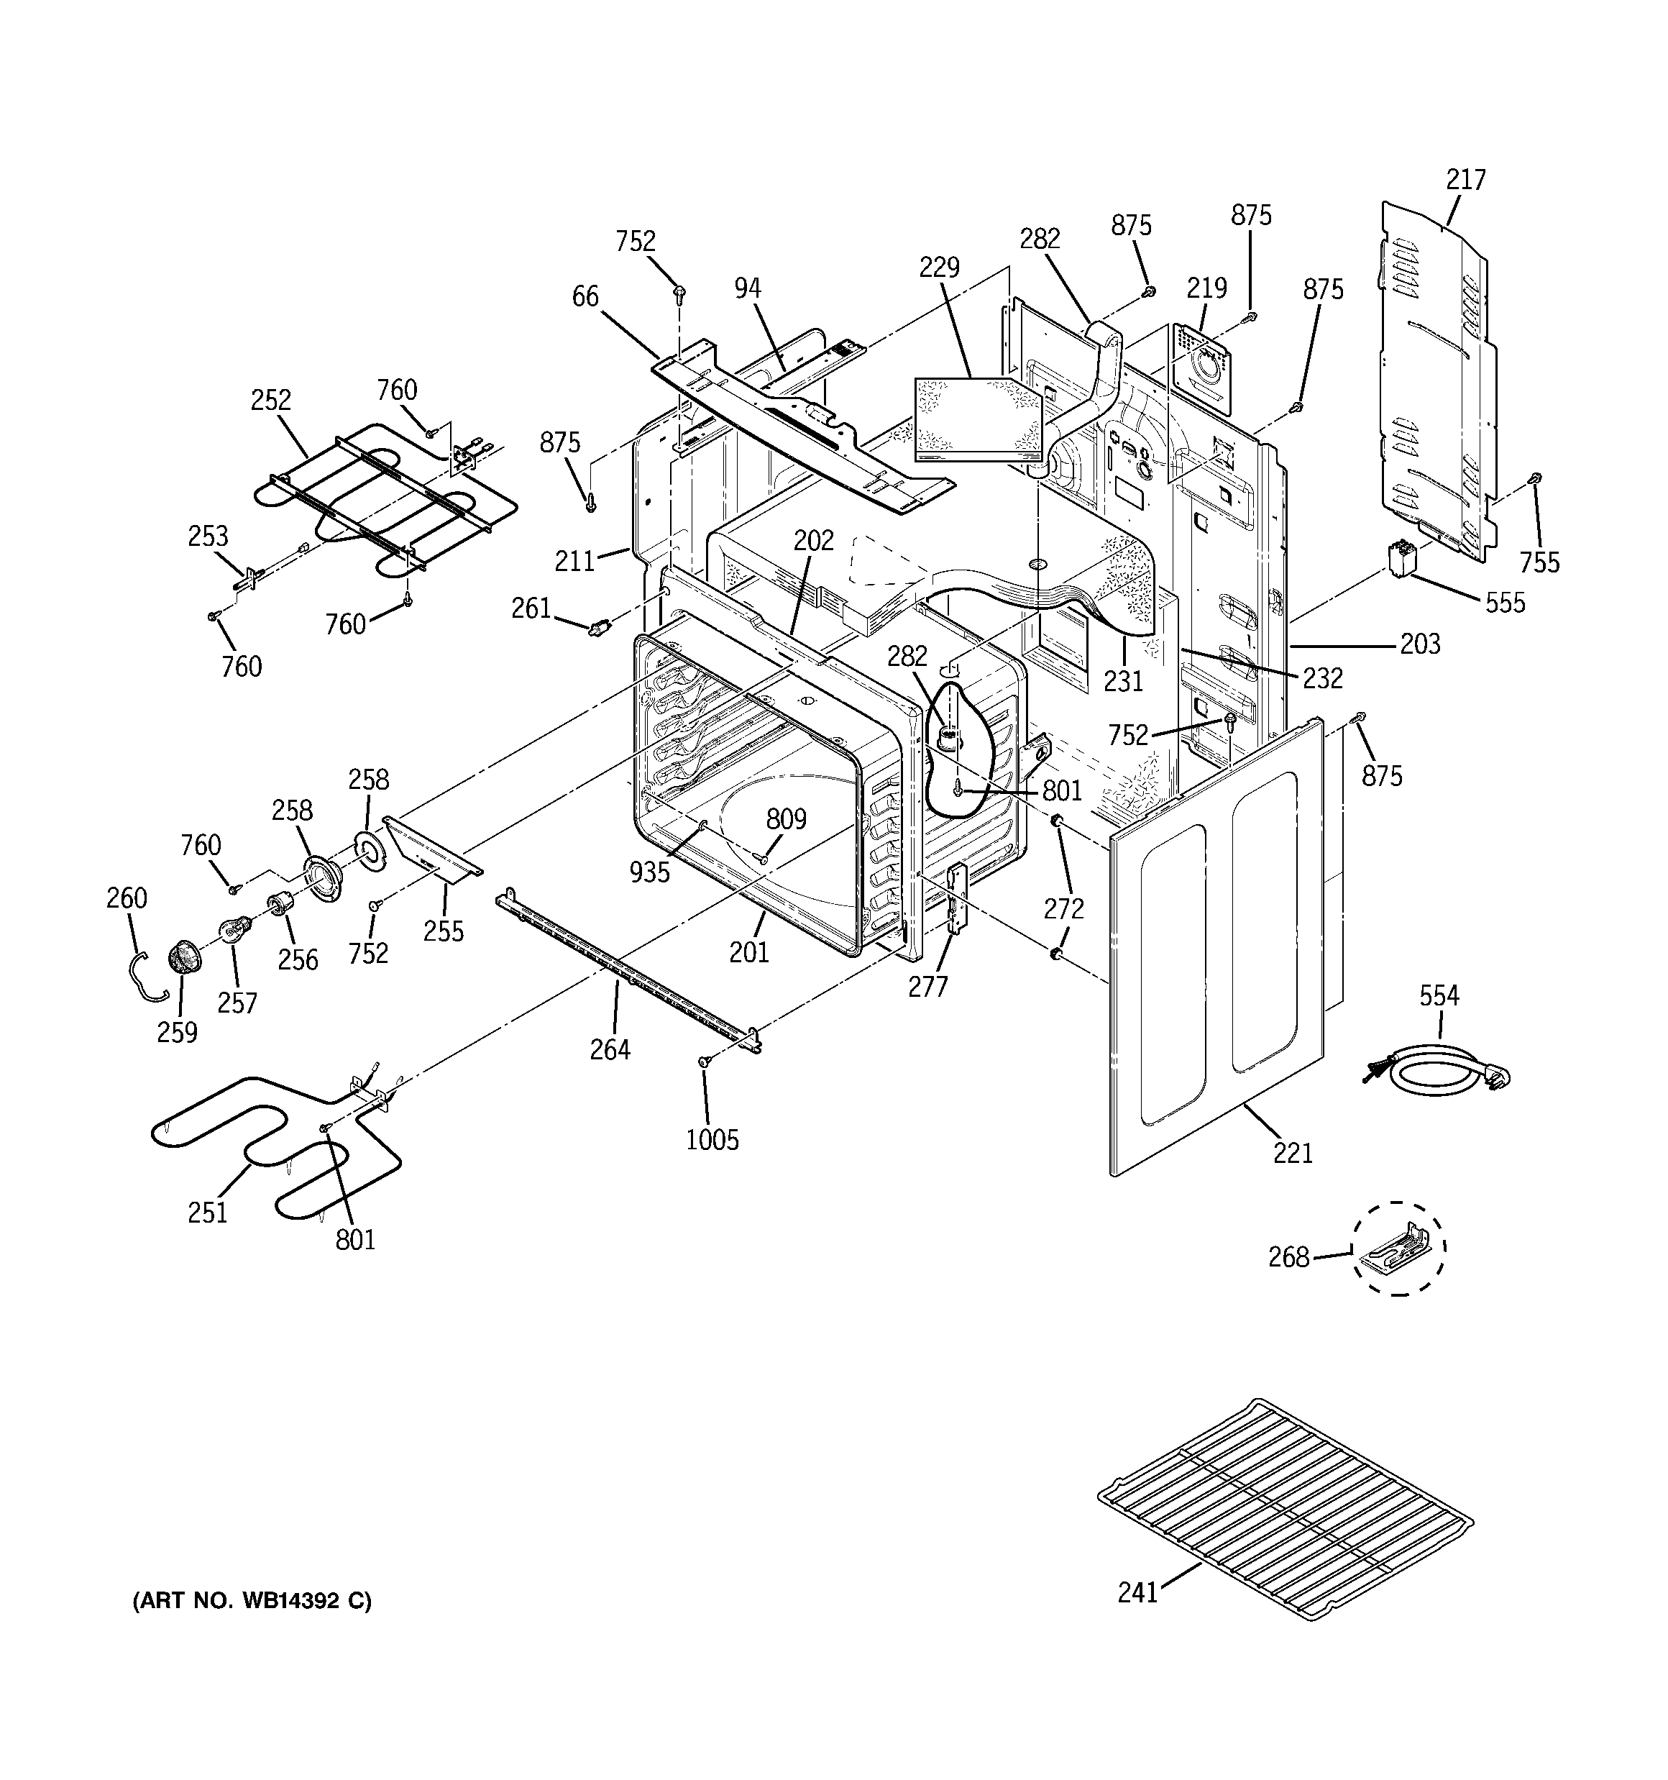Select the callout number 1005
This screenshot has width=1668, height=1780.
click(712, 1140)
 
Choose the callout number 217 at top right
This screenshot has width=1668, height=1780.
click(1466, 180)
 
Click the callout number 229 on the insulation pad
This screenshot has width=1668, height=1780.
click(939, 268)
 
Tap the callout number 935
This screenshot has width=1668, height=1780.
click(649, 871)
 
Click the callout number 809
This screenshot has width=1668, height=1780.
click(786, 818)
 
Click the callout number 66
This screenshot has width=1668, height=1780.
click(585, 296)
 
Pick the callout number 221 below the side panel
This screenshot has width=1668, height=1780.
click(1293, 1152)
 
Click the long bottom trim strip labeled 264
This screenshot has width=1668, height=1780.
click(627, 967)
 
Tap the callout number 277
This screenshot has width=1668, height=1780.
click(927, 986)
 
